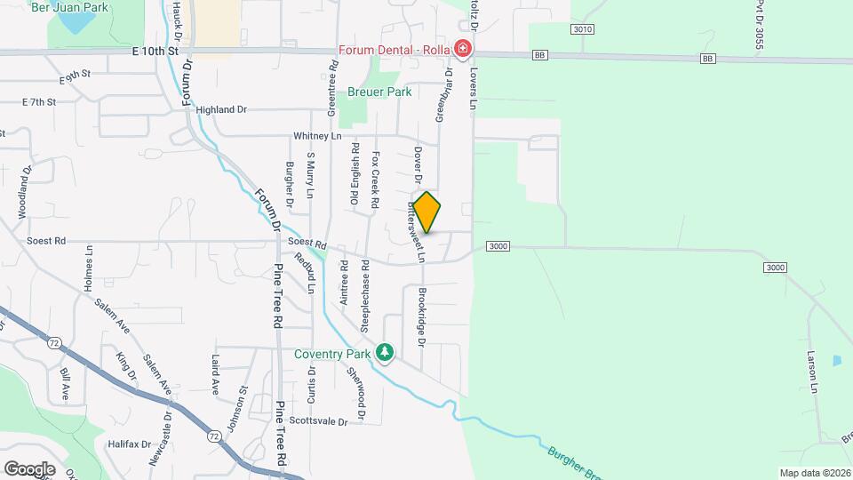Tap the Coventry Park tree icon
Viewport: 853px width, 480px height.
point(385,354)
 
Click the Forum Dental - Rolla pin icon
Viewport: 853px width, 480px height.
point(462,48)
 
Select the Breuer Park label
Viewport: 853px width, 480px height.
point(379,92)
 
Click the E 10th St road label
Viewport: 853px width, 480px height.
point(154,52)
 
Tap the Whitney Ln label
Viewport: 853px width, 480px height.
point(317,136)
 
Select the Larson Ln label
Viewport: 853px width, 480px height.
point(813,371)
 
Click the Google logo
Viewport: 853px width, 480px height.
point(29,468)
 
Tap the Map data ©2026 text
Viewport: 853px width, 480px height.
point(815,473)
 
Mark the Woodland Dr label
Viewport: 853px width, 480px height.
point(24,192)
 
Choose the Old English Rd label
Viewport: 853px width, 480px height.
point(354,175)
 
